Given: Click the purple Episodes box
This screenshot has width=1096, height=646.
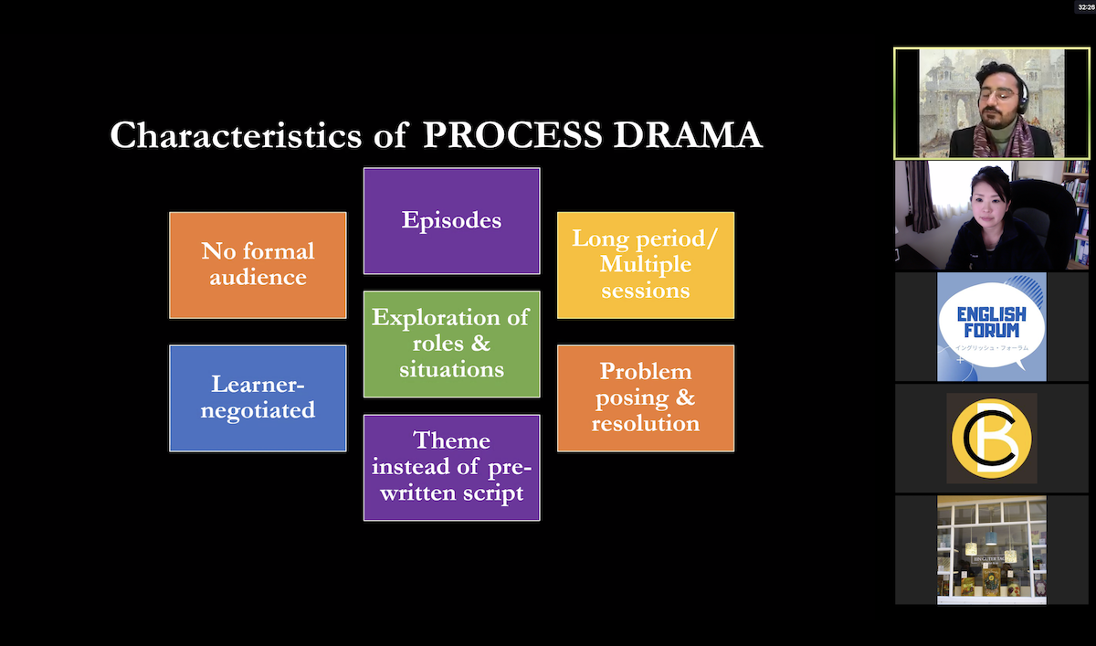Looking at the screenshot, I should click(x=451, y=221).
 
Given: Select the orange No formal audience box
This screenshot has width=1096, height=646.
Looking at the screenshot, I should click(x=258, y=265).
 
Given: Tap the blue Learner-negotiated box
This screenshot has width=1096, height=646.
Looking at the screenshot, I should click(x=258, y=398).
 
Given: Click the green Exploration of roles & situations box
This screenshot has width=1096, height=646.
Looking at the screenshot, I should click(x=451, y=344).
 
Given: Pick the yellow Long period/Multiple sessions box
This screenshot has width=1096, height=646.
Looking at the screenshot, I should click(x=645, y=265).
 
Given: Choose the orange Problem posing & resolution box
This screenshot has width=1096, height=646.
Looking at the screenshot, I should click(x=645, y=398).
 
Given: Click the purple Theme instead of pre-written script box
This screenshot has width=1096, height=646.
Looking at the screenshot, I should click(x=451, y=467).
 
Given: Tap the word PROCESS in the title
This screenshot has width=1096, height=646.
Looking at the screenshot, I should click(x=512, y=135).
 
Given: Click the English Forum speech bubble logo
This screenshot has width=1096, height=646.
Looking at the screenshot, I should click(x=992, y=326).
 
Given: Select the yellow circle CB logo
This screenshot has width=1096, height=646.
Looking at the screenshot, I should click(x=992, y=439).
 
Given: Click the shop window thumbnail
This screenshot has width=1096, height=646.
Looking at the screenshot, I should click(x=992, y=549).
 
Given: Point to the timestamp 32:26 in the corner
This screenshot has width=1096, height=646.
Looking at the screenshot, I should click(x=1084, y=6).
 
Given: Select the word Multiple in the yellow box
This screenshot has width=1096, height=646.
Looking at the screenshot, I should click(x=645, y=265).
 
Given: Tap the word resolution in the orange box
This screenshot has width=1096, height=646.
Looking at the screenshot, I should click(x=645, y=424).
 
